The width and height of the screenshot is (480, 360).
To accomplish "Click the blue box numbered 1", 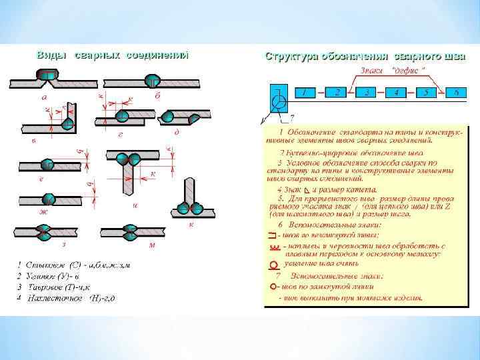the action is pyautogui.click(x=306, y=93).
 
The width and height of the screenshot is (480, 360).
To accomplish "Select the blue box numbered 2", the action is pyautogui.click(x=337, y=92).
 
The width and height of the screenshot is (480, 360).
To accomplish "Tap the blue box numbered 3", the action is pyautogui.click(x=367, y=93).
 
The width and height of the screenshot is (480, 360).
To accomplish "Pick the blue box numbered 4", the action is pyautogui.click(x=397, y=93).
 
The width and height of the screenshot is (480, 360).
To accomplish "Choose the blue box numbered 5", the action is pyautogui.click(x=427, y=93).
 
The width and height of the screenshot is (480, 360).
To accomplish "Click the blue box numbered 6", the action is pyautogui.click(x=457, y=93).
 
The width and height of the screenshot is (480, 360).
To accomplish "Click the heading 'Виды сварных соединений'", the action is pyautogui.click(x=112, y=55).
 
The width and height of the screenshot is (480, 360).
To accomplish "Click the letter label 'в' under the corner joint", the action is pyautogui.click(x=33, y=141).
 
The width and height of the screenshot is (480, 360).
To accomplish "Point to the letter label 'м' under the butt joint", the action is pyautogui.click(x=151, y=245).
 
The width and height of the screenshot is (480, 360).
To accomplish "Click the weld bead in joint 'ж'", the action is pyautogui.click(x=49, y=199).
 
